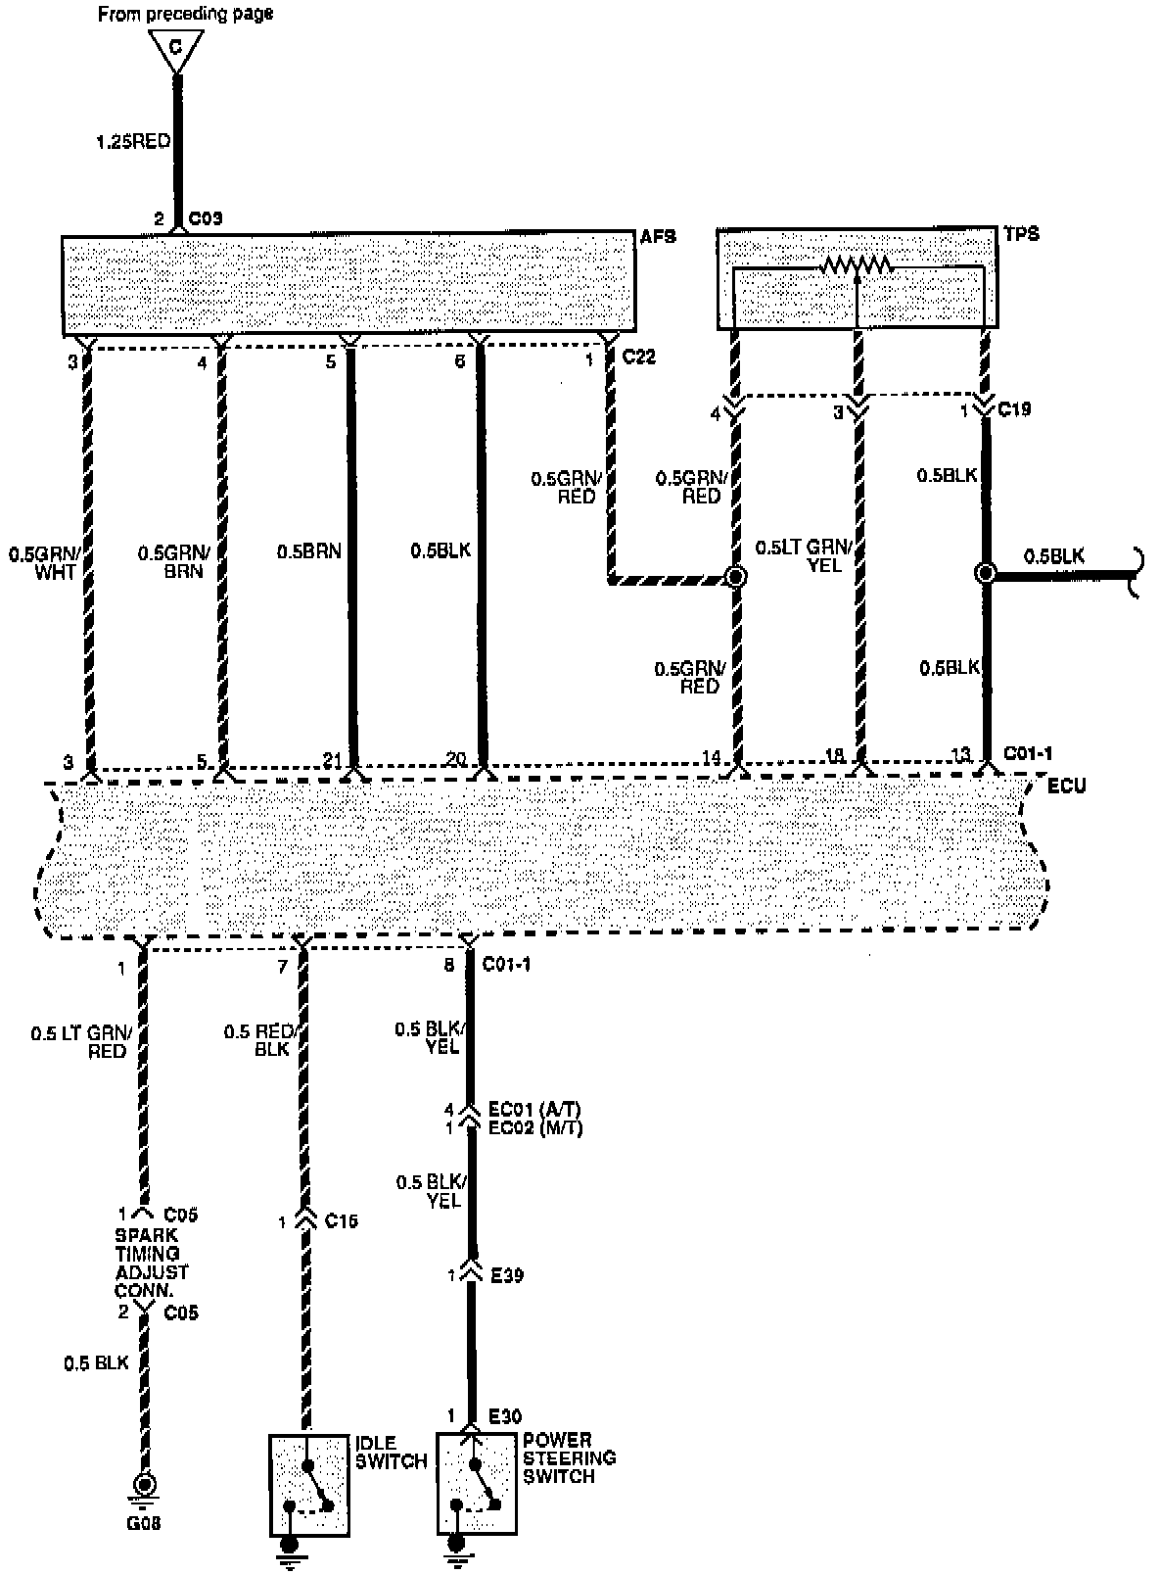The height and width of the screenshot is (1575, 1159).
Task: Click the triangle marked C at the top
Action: (x=176, y=49)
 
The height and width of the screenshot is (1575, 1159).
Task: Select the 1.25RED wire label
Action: (x=132, y=142)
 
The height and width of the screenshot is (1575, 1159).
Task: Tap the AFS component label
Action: (x=656, y=237)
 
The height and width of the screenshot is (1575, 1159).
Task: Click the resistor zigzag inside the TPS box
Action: (x=857, y=264)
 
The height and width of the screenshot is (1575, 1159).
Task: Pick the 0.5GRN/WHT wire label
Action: (x=44, y=563)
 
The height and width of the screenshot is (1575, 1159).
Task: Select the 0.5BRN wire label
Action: (x=308, y=551)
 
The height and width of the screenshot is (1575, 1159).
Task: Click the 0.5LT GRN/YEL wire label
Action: (x=805, y=555)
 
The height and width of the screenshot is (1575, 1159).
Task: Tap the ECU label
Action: (x=1066, y=786)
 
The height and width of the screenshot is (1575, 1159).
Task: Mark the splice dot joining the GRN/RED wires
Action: (x=736, y=577)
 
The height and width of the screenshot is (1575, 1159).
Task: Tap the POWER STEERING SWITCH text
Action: (x=569, y=1457)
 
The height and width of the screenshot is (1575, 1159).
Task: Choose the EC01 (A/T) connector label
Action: (x=534, y=1111)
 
